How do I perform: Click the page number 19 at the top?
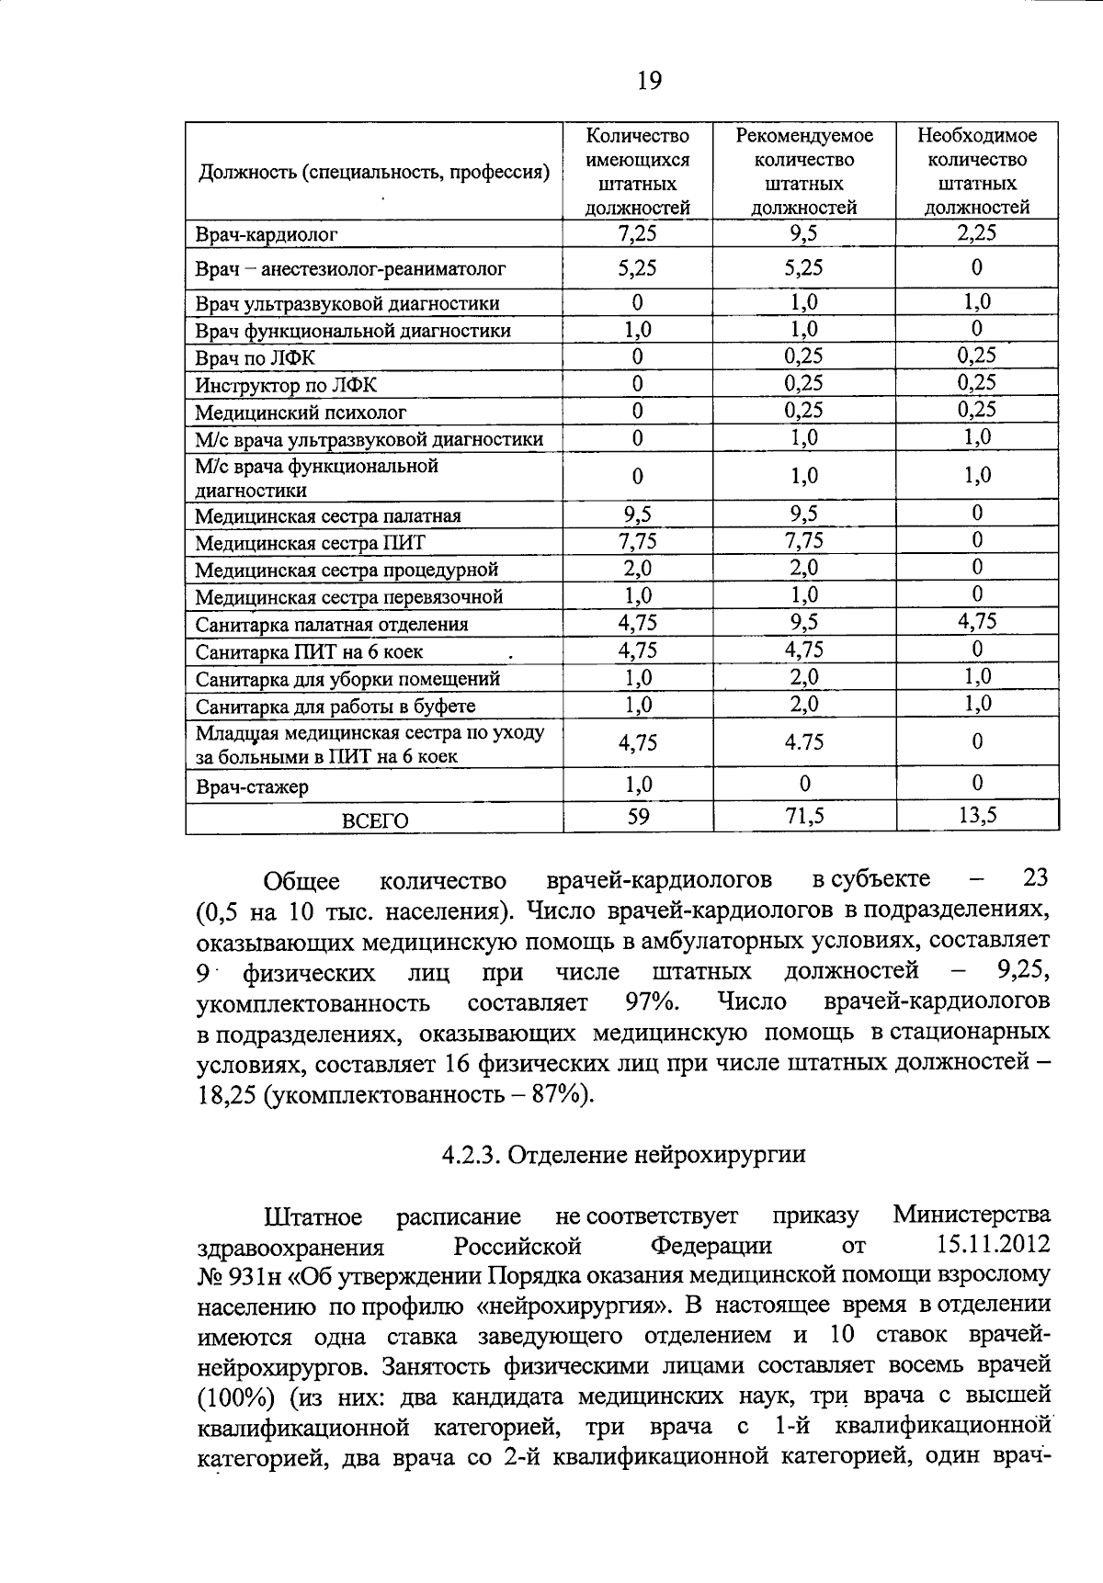click(x=648, y=82)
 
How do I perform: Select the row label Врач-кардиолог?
click(x=267, y=234)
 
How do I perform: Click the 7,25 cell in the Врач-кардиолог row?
click(x=637, y=233)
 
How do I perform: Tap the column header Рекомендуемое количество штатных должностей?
click(x=803, y=171)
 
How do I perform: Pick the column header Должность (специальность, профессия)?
click(x=374, y=172)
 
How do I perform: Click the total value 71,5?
click(x=803, y=816)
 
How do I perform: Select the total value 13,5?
click(x=977, y=816)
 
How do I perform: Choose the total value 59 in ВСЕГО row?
click(x=638, y=816)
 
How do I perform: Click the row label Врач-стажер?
click(x=252, y=787)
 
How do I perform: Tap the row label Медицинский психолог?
click(x=300, y=413)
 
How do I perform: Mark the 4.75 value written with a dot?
click(x=803, y=742)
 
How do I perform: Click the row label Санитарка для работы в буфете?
click(x=335, y=707)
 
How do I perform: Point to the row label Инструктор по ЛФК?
click(x=286, y=385)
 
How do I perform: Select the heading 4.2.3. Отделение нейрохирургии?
click(x=623, y=1154)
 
